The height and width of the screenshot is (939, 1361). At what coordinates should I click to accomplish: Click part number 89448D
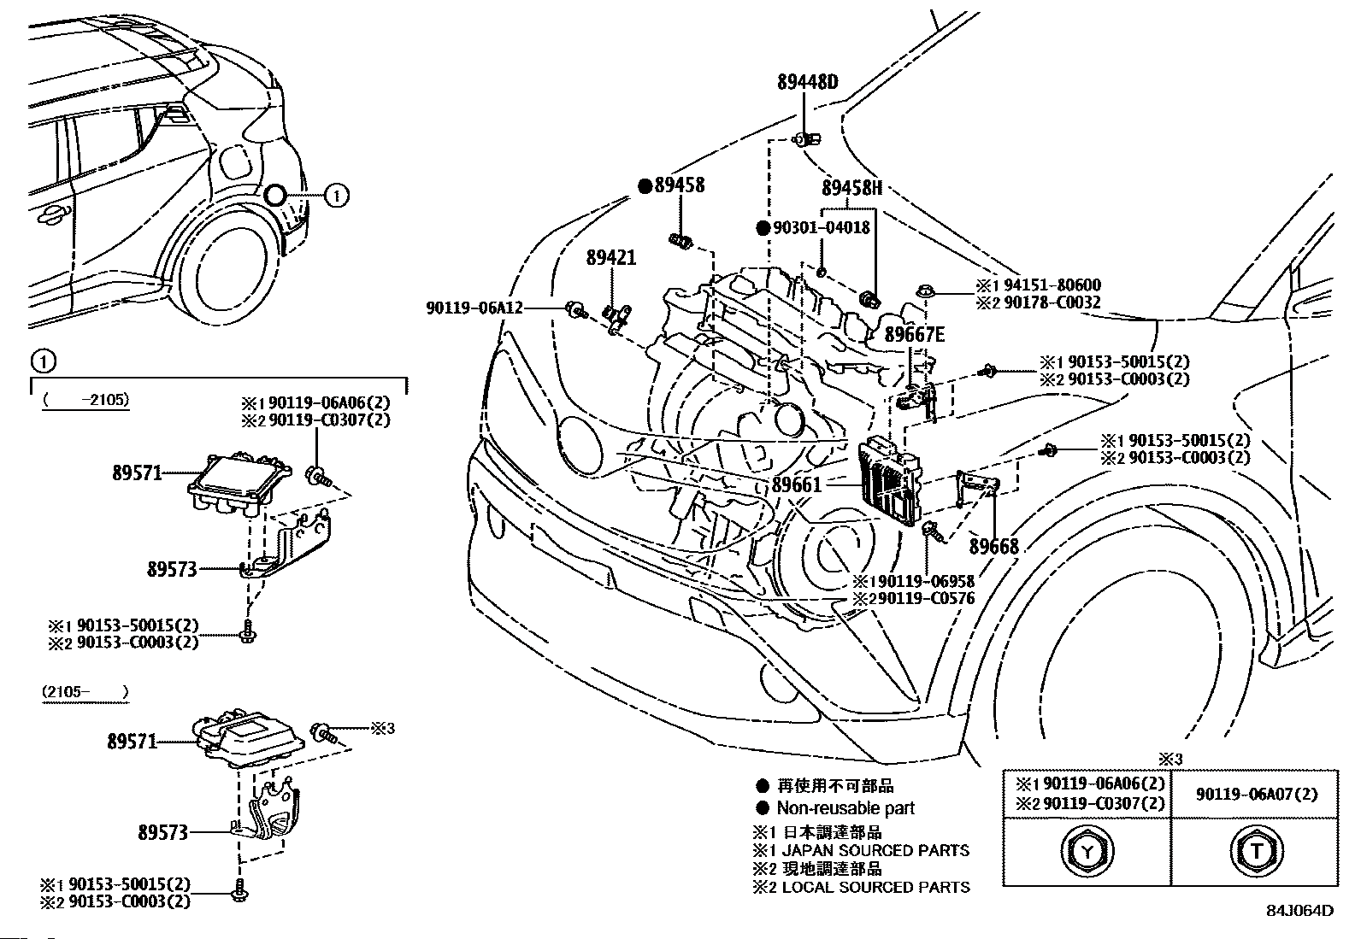pos(807,83)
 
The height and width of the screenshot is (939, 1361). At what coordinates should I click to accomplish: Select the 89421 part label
pos(610,257)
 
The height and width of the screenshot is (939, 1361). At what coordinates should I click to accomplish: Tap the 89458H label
pos(851,188)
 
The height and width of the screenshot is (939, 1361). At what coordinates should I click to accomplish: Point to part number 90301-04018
pos(821,228)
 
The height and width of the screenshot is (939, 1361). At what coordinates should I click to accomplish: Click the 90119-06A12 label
pos(474,308)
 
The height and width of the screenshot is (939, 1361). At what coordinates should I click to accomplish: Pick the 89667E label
pos(914,335)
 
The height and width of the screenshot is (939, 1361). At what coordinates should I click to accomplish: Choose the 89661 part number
pos(796,484)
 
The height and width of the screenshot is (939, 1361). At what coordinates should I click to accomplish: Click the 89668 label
pos(993,547)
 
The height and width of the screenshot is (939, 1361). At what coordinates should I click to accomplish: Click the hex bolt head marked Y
pos(1087,851)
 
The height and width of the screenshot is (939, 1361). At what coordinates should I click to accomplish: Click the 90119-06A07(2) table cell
pos(1256,795)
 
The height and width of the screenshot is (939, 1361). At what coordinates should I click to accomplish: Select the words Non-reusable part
pos(845,808)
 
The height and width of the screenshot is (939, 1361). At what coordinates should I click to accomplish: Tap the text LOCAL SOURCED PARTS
pos(875,888)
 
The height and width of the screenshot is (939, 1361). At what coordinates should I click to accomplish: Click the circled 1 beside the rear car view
pos(337,196)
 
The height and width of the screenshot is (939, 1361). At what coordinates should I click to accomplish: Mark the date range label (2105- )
pos(85,691)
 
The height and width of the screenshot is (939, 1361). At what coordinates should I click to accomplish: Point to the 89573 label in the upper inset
pos(172,569)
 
